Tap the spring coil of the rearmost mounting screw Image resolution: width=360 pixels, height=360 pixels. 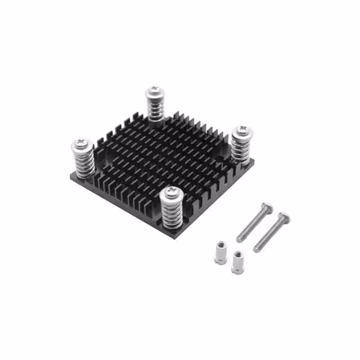click(155, 107)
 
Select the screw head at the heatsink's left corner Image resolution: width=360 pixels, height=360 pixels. click(81, 143)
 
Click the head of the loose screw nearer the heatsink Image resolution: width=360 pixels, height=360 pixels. click(267, 207)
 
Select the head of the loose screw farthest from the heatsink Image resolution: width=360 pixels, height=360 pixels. click(284, 216)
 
